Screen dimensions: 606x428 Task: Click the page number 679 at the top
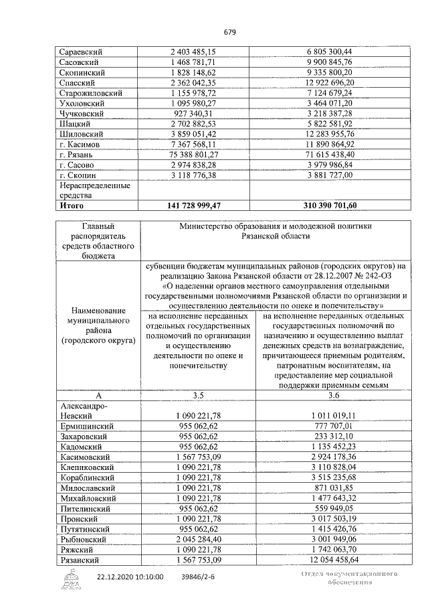229,32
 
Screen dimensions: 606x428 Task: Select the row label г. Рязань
76,154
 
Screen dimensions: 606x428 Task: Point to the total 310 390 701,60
330,206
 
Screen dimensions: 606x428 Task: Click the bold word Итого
72,206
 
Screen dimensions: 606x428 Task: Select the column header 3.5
198,396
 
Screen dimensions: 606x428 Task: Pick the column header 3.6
330,396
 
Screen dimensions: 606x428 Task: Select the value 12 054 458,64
330,559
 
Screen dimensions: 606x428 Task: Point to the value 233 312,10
330,435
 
